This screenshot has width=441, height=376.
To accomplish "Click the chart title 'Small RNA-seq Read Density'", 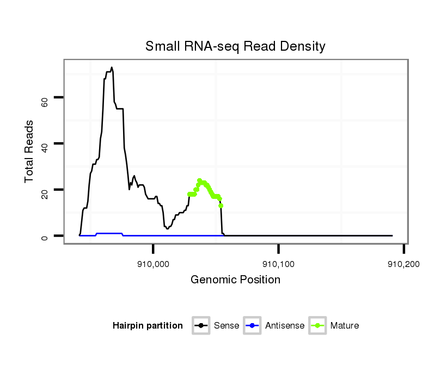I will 235,46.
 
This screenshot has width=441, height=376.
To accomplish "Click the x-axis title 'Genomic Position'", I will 235,280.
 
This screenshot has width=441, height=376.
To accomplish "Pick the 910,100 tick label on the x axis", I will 279,264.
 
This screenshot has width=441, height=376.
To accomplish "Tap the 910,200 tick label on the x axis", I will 403,264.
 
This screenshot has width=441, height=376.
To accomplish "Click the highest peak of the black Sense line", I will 112,68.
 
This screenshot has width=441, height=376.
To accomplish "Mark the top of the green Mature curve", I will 199,180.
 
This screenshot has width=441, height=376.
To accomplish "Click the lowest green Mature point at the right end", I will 221,205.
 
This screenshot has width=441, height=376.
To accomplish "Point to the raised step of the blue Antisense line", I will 109,233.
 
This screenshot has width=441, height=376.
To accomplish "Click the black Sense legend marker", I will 201,326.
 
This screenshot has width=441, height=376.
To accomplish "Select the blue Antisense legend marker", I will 253,326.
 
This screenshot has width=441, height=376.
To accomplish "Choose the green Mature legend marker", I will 317,326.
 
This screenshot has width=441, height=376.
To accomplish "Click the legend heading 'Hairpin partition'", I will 148,326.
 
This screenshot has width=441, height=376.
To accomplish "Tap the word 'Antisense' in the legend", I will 285,326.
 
